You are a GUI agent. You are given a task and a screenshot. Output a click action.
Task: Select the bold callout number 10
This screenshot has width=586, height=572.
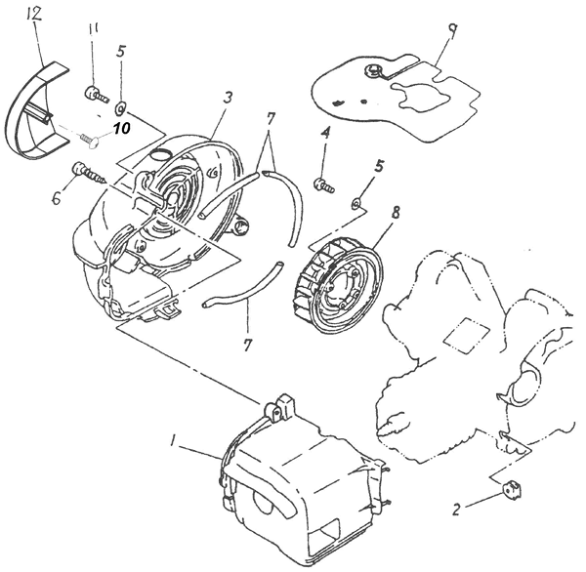coord(122,127)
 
